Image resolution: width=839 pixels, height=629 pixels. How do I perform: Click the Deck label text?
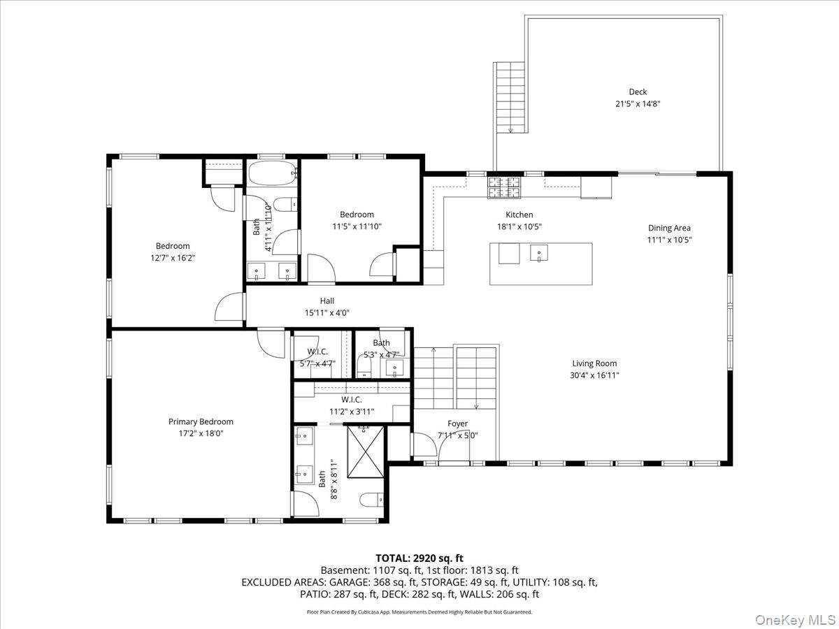637,92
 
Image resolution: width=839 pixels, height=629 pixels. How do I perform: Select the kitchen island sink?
539,254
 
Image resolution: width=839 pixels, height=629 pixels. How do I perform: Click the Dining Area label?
669,228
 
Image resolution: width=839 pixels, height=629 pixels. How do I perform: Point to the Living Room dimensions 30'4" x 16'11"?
594,375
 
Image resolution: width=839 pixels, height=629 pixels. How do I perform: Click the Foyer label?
457,424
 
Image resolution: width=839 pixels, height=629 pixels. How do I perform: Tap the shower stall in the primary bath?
365,451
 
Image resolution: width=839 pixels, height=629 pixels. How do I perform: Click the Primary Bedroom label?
201,421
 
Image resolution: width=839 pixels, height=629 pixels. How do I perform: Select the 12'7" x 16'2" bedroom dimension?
173,258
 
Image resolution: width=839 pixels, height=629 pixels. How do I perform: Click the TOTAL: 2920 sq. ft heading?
419,558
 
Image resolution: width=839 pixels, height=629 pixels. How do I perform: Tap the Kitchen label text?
519,215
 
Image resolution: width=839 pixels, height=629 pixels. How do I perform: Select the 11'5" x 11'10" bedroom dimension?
357,226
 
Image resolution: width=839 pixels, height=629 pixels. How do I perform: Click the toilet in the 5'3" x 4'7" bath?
364,365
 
